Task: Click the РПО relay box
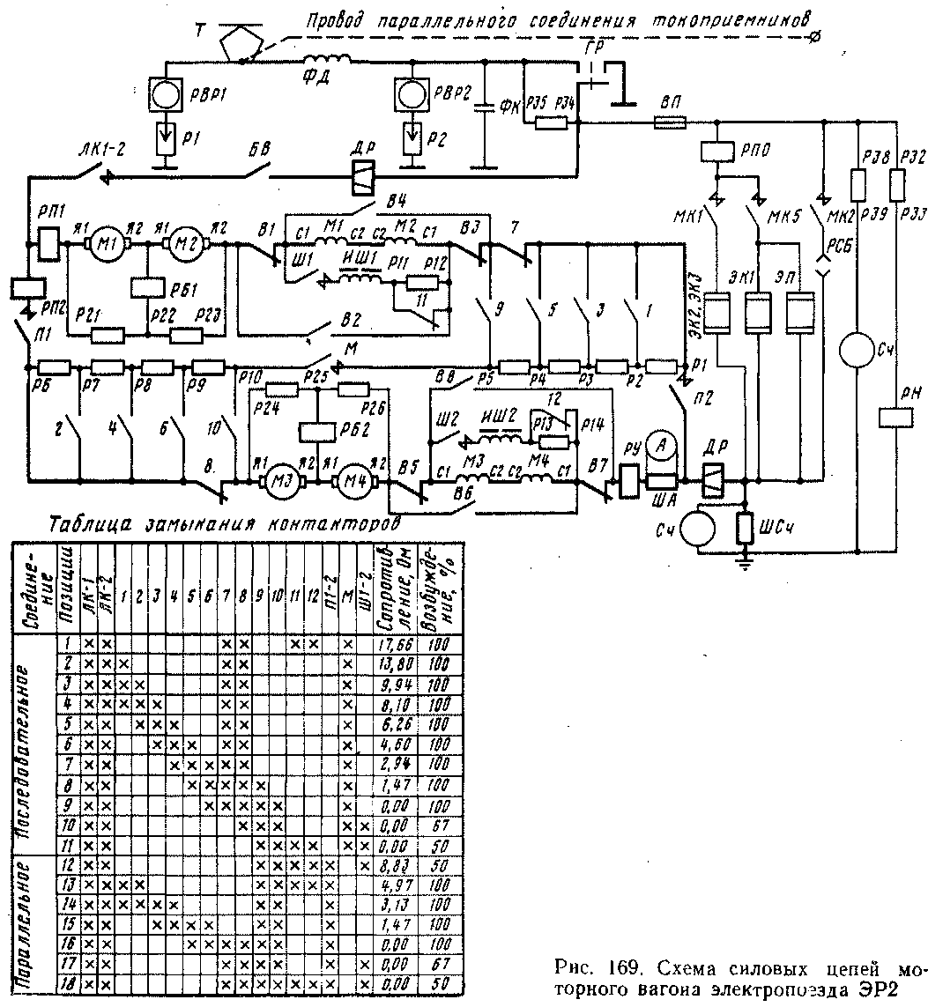(x=718, y=151)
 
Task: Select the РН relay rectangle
(x=895, y=414)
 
